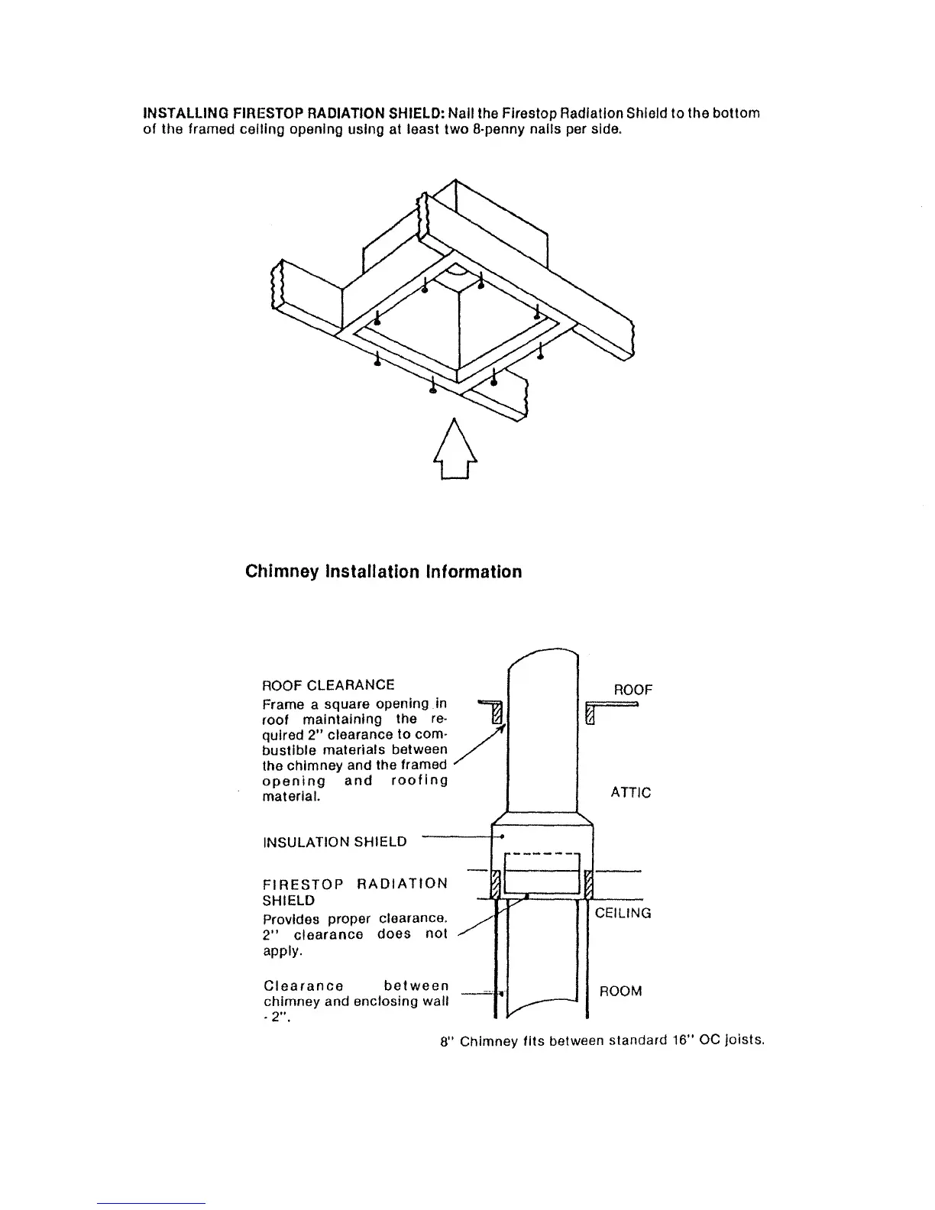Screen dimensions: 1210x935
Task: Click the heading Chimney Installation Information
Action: point(383,571)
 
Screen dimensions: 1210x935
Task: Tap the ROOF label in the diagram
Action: point(633,690)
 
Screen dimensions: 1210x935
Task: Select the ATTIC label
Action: point(631,793)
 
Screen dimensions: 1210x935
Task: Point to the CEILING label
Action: point(623,913)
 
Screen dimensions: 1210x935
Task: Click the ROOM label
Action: point(620,992)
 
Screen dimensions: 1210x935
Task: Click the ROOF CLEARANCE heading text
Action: point(328,684)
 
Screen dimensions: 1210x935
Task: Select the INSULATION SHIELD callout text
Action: point(335,842)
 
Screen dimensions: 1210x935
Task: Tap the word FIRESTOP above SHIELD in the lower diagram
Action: point(300,884)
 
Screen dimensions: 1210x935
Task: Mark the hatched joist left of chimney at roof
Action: point(497,713)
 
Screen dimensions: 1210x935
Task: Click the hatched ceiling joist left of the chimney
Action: point(495,884)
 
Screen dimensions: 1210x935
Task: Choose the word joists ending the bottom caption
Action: point(745,1040)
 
